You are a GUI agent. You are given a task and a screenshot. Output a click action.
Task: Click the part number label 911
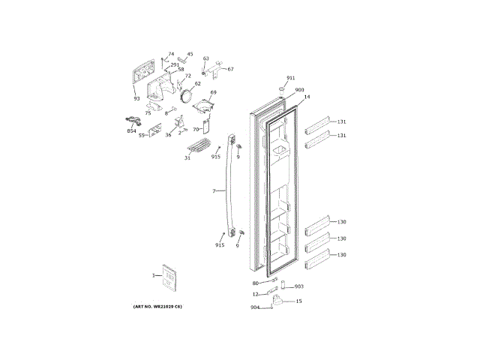pos(291,78)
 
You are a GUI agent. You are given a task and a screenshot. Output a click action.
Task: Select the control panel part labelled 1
pos(169,278)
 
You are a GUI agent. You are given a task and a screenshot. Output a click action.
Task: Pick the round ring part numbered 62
pos(187,97)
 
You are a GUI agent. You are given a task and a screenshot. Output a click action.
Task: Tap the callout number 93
pos(136,98)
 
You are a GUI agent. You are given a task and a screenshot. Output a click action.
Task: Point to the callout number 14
pos(307,97)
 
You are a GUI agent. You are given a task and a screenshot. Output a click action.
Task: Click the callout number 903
pos(298,286)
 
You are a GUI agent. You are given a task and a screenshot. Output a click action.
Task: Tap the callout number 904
pos(255,307)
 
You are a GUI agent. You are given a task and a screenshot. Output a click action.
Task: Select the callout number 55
pos(141,136)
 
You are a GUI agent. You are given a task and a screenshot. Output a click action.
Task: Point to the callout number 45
pos(190,54)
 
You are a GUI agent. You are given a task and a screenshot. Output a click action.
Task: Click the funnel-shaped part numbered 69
pos(202,106)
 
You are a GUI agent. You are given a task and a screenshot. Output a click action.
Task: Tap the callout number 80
pos(255,283)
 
